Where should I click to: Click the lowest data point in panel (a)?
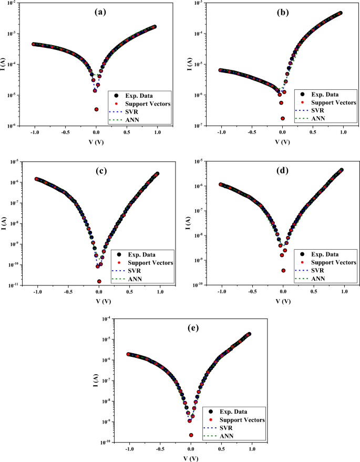click(x=97, y=109)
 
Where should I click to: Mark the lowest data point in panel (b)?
click(x=283, y=118)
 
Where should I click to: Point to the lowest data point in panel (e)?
click(x=191, y=435)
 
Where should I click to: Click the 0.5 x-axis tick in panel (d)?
click(x=313, y=292)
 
